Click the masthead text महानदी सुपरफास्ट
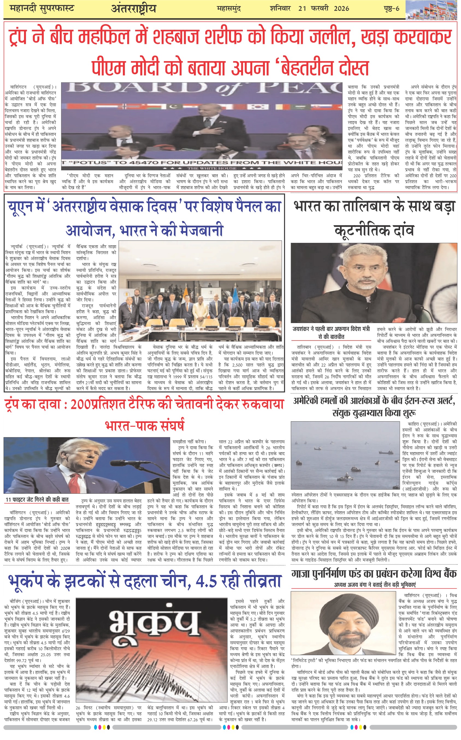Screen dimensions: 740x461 pos(42,8)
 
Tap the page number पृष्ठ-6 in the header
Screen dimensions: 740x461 pos(391,8)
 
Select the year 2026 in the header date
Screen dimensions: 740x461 pos(341,8)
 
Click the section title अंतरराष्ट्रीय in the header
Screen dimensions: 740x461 pos(133,9)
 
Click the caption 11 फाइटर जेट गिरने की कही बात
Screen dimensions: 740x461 pos(37,500)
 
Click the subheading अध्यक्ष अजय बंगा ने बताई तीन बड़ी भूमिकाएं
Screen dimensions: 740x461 pos(375,584)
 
